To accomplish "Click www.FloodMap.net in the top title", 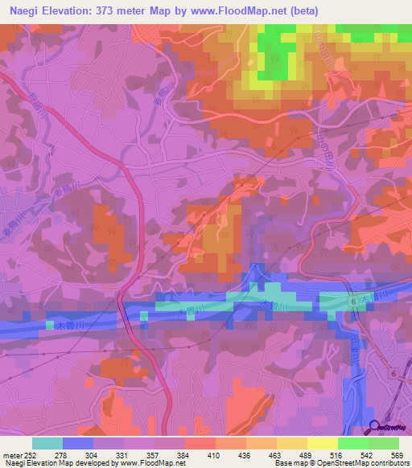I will coord(238,10).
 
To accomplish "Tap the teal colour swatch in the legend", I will coord(47,443).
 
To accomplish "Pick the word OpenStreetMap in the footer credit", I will coord(335,464).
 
